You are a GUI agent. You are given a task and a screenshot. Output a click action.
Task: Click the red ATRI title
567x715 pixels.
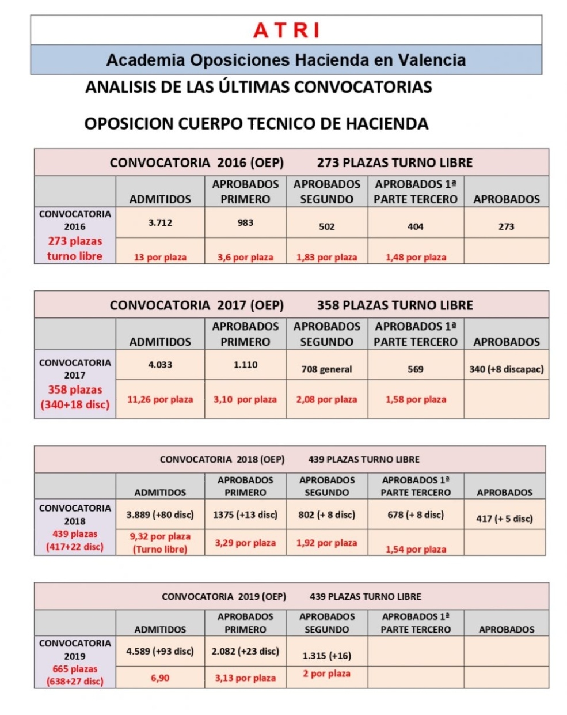pyautogui.click(x=286, y=31)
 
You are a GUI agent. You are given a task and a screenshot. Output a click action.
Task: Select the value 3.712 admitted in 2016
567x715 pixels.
pyautogui.click(x=160, y=222)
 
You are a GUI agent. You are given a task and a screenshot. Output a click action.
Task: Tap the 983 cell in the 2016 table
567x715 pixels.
pyautogui.click(x=245, y=222)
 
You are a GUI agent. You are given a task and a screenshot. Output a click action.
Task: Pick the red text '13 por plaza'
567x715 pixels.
pyautogui.click(x=160, y=257)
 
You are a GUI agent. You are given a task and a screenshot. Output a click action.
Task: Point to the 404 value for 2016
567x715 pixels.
pyautogui.click(x=415, y=226)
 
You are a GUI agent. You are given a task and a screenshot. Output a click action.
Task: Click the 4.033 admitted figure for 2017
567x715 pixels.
pyautogui.click(x=160, y=365)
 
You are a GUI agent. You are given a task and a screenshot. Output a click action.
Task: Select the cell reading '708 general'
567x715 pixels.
pyautogui.click(x=326, y=369)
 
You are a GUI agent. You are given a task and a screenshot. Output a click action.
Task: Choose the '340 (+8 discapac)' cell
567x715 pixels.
pyautogui.click(x=506, y=369)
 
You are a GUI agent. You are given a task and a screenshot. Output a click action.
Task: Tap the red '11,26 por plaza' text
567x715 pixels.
pyautogui.click(x=160, y=399)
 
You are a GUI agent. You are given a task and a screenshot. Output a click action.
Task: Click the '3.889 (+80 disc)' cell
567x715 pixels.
pyautogui.click(x=160, y=515)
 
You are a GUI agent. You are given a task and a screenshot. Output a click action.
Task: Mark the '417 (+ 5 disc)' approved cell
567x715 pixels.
pyautogui.click(x=504, y=519)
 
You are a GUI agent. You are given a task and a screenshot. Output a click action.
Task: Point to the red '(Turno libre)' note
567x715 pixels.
pyautogui.click(x=160, y=550)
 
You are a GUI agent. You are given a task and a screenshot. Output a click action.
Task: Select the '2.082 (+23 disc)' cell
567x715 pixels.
pyautogui.click(x=245, y=651)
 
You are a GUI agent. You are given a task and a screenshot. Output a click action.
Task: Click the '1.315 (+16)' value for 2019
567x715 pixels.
pyautogui.click(x=326, y=656)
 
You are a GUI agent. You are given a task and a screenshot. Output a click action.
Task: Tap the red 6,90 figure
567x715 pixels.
pyautogui.click(x=160, y=678)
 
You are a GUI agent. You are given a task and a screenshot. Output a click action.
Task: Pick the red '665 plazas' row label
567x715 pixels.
pyautogui.click(x=75, y=669)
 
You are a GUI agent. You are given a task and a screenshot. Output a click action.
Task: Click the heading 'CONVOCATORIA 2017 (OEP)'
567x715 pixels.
pyautogui.click(x=196, y=305)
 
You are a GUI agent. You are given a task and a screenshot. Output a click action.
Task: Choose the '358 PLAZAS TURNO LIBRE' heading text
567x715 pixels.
pyautogui.click(x=394, y=305)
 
